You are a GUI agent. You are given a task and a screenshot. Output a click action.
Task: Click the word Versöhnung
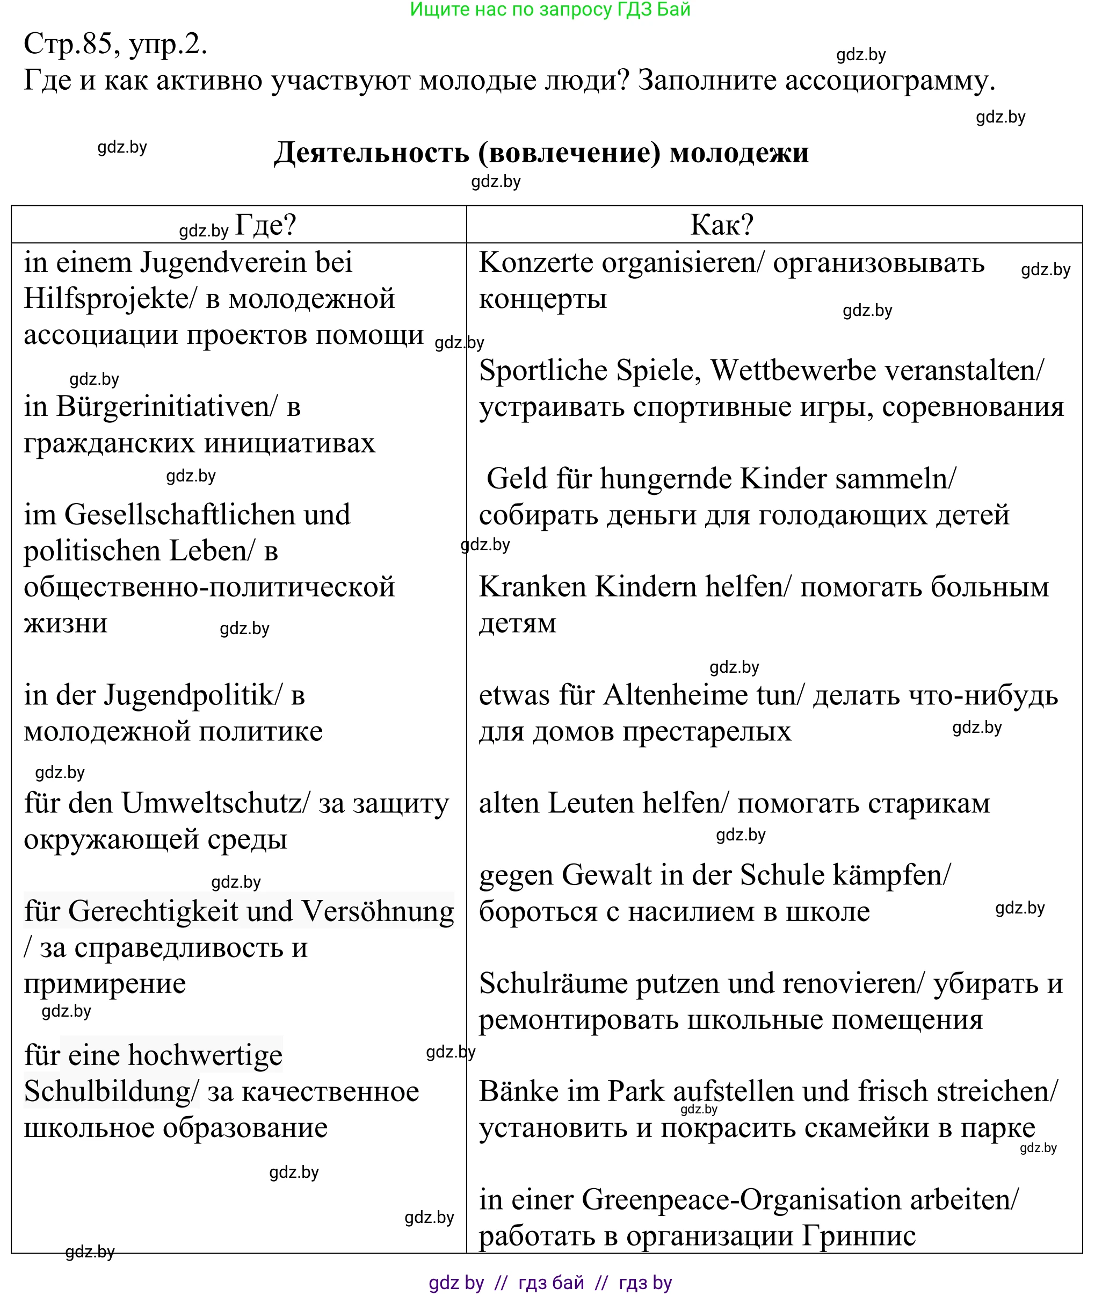pos(378,911)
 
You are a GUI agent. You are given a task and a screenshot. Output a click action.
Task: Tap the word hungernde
pos(665,479)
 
